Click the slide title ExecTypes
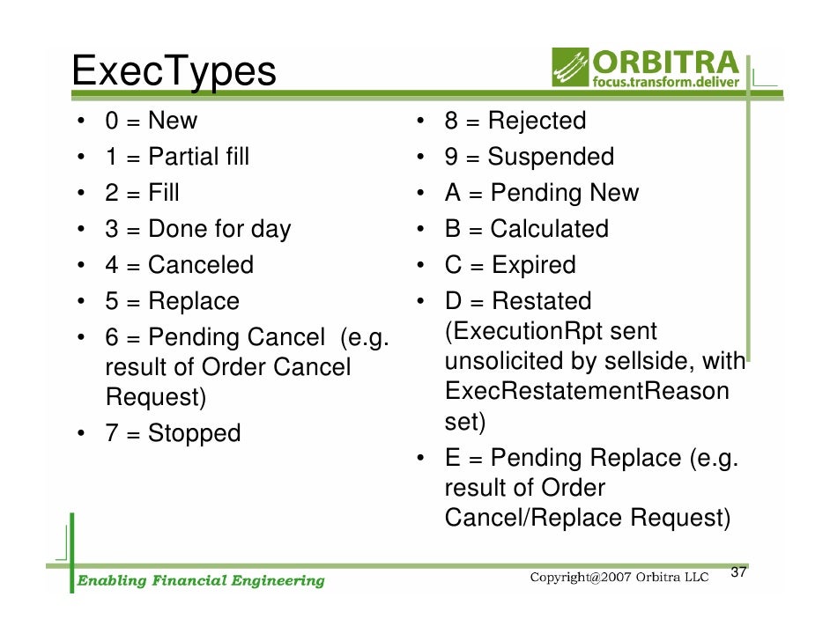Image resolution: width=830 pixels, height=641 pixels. pyautogui.click(x=174, y=71)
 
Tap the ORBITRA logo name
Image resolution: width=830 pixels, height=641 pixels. pyautogui.click(x=666, y=63)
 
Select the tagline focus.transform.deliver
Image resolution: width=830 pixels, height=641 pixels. pyautogui.click(x=666, y=85)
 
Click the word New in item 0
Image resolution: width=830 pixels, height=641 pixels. pyautogui.click(x=173, y=121)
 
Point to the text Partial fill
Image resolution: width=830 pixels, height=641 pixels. pyautogui.click(x=198, y=157)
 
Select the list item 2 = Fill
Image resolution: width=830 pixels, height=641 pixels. pyautogui.click(x=142, y=193)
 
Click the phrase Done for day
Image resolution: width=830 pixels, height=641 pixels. pyautogui.click(x=219, y=229)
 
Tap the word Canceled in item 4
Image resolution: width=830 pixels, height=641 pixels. pyautogui.click(x=200, y=265)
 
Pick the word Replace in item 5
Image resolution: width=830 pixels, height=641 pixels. pyautogui.click(x=193, y=301)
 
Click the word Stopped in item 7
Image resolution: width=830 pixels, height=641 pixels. pyautogui.click(x=194, y=433)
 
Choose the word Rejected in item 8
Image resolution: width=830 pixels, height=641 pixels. pyautogui.click(x=536, y=121)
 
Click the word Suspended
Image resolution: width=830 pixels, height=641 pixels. pyautogui.click(x=551, y=157)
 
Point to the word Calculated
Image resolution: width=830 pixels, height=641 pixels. pyautogui.click(x=549, y=229)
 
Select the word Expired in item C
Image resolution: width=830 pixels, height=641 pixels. pyautogui.click(x=533, y=265)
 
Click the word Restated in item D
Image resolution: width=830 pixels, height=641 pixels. pyautogui.click(x=541, y=301)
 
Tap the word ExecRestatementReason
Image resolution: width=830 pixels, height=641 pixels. pyautogui.click(x=587, y=391)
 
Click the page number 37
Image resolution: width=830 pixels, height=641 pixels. pyautogui.click(x=739, y=573)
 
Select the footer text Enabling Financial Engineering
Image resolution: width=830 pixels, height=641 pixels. pyautogui.click(x=201, y=580)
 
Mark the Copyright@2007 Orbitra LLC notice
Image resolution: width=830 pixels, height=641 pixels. pyautogui.click(x=619, y=578)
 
